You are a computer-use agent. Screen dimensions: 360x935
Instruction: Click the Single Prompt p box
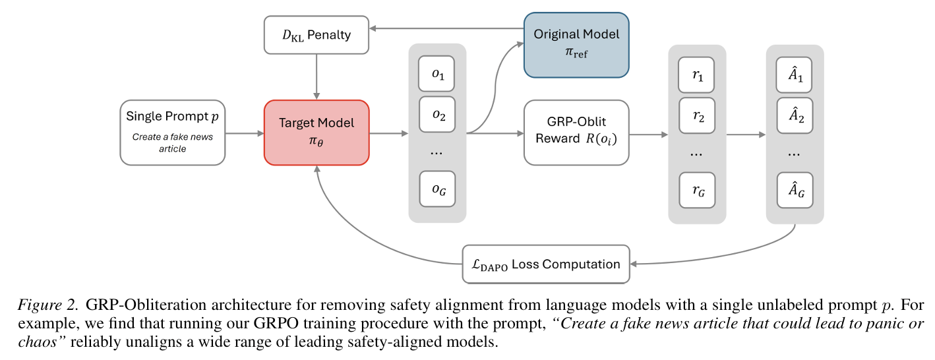(x=173, y=133)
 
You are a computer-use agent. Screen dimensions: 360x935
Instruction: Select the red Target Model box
(x=317, y=133)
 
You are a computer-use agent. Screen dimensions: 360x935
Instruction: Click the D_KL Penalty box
(x=317, y=34)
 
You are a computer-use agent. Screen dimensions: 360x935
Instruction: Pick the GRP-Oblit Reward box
(x=576, y=133)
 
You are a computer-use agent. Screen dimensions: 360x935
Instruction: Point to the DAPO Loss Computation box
(x=546, y=264)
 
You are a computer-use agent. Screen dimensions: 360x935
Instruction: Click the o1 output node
(x=438, y=74)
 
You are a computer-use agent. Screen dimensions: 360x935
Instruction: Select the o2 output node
(x=438, y=115)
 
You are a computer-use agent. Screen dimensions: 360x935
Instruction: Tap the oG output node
(x=438, y=189)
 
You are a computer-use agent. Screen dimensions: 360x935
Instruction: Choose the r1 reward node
(x=697, y=76)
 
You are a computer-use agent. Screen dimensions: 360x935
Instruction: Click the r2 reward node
(x=697, y=117)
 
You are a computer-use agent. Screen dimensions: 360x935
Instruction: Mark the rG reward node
(x=697, y=191)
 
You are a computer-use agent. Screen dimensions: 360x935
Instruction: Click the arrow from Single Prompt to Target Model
(x=245, y=133)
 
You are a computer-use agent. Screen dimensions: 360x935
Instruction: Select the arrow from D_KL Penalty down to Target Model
(x=317, y=76)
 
